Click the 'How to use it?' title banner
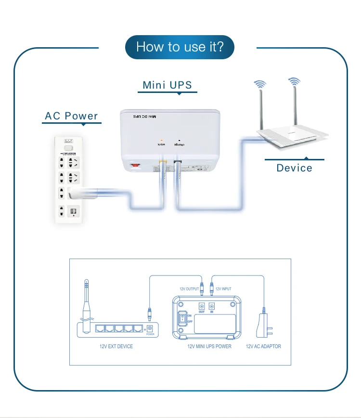click(x=180, y=47)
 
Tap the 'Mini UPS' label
click(x=167, y=85)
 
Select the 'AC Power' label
click(x=71, y=116)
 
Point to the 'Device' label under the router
click(x=294, y=168)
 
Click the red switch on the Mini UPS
click(x=134, y=167)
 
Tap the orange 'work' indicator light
click(x=161, y=140)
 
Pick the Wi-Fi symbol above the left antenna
click(x=260, y=84)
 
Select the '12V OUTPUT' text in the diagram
click(x=189, y=289)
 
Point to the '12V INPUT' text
click(x=223, y=289)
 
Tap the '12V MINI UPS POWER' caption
click(x=209, y=346)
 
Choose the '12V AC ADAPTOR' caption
click(x=263, y=346)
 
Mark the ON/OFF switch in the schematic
click(x=183, y=318)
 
